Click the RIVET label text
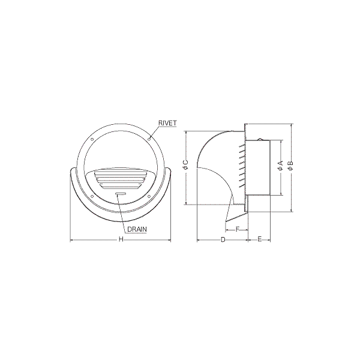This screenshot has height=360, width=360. tap(167, 123)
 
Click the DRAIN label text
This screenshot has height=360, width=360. tap(137, 229)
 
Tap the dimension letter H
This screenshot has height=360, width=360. tap(121, 239)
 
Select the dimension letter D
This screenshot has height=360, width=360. tap(223, 239)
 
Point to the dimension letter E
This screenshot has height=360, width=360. tap(260, 239)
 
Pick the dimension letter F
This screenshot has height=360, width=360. tap(238, 229)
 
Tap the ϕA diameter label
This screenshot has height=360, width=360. tap(281, 166)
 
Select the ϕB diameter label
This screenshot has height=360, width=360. tap(290, 166)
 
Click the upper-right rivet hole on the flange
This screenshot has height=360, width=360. tap(149, 139)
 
